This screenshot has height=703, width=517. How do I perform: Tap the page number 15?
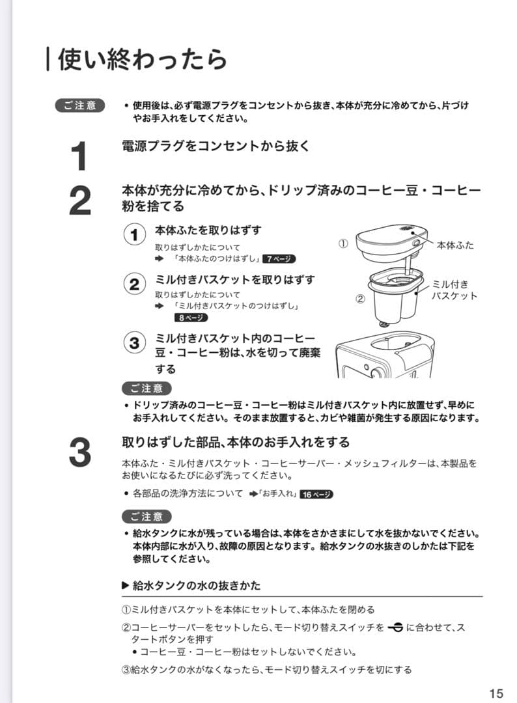click(496, 692)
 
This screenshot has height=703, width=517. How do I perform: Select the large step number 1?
click(79, 157)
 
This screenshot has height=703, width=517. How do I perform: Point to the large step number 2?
click(79, 201)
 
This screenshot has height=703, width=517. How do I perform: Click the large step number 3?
click(79, 452)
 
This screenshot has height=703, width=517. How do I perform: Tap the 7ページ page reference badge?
click(279, 259)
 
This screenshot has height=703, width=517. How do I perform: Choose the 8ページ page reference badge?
click(190, 318)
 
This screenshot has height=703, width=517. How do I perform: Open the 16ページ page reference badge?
click(317, 495)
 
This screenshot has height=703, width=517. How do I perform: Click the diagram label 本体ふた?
click(455, 245)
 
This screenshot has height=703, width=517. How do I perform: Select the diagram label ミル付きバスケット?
click(454, 290)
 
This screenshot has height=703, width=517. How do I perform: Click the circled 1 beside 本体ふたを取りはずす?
click(134, 235)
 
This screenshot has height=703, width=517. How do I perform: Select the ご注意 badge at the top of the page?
click(80, 105)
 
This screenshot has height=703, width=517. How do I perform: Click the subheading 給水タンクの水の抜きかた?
click(197, 586)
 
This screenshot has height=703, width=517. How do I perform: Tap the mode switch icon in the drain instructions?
click(394, 628)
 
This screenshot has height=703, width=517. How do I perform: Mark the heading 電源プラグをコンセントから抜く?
click(216, 146)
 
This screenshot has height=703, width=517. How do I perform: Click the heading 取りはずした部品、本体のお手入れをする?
click(236, 443)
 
